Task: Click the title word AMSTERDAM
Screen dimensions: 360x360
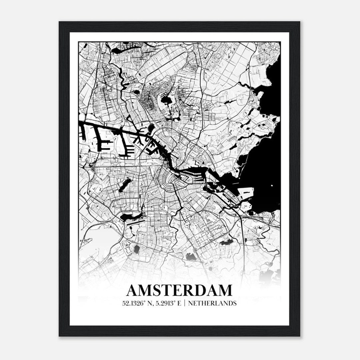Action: pos(179,290)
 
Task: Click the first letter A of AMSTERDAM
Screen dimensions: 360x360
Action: pos(133,290)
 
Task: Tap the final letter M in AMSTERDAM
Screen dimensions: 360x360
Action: pos(224,290)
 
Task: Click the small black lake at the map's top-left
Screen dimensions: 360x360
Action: pos(117,51)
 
